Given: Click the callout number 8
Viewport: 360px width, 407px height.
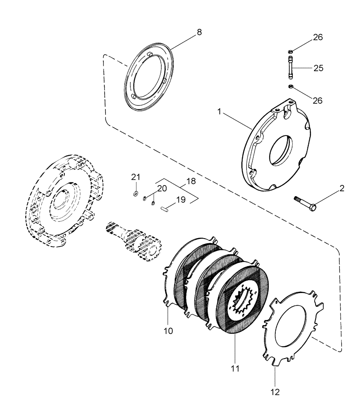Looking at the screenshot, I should (x=199, y=33).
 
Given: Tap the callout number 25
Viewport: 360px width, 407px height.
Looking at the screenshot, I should (x=318, y=68).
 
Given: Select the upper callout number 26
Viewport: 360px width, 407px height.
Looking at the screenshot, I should (x=318, y=37).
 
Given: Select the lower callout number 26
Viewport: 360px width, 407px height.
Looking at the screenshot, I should (x=318, y=100).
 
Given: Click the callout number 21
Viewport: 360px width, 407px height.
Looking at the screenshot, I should (x=136, y=177).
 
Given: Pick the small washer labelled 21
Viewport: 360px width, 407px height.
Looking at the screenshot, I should (x=136, y=193).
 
